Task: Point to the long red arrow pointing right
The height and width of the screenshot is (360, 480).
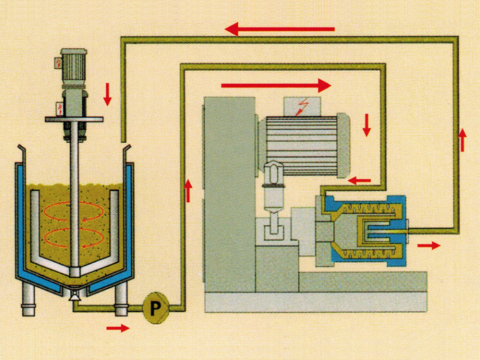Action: [x=276, y=85]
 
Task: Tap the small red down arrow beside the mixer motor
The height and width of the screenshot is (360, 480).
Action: [x=108, y=94]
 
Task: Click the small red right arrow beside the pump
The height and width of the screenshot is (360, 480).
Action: [x=117, y=328]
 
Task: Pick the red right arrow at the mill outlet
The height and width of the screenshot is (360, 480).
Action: [x=428, y=245]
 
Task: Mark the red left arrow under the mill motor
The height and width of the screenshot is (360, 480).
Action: [x=360, y=179]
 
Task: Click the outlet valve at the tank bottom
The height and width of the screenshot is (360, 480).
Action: [x=75, y=294]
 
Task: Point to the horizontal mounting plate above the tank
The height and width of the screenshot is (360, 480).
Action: [x=76, y=119]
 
